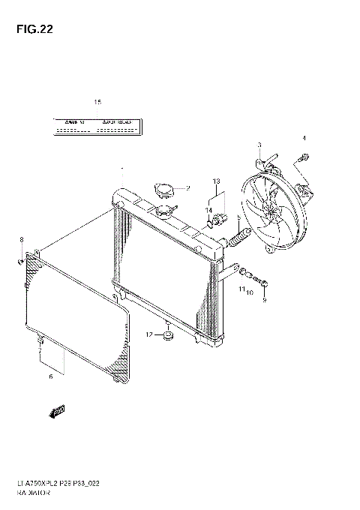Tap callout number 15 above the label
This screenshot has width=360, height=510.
coord(97,101)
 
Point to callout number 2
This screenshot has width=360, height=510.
coord(188,187)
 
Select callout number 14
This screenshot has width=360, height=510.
coord(210,210)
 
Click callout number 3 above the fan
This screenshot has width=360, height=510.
coord(259,145)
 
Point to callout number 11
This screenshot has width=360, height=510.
coord(241,288)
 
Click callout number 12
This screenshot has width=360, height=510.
coord(149,334)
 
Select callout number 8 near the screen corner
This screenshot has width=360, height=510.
coord(21,239)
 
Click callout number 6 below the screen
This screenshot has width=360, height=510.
coord(50,376)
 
